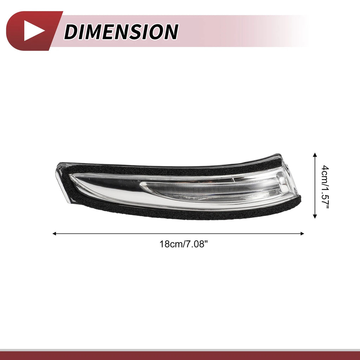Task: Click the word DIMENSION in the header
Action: tap(121, 31)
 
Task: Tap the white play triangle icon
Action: tap(34, 31)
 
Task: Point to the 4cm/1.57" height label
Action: tap(325, 187)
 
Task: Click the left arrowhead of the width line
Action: tap(54, 234)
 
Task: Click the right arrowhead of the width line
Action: tap(302, 234)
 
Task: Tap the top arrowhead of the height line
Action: tap(315, 155)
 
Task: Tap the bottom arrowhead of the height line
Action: tap(315, 216)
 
